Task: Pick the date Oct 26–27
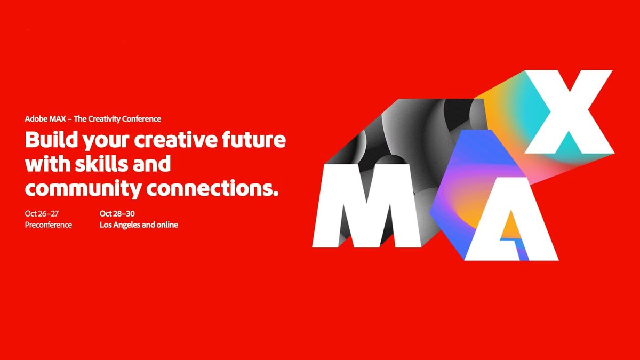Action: point(41,213)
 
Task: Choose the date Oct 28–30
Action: point(117,213)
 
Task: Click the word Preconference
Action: point(48,225)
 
